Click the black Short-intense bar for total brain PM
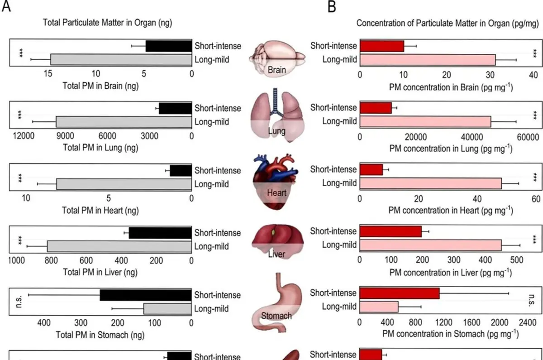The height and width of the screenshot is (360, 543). click(x=169, y=46)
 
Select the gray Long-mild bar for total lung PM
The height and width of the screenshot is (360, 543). click(x=124, y=122)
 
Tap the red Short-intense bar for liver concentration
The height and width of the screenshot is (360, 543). click(x=391, y=231)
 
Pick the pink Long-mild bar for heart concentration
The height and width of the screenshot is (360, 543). click(x=430, y=183)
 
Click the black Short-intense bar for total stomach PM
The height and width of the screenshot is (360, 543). click(x=146, y=295)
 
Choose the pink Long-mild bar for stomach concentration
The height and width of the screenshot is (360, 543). click(x=379, y=307)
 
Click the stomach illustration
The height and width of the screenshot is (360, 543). click(x=277, y=303)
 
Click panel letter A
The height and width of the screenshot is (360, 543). click(x=6, y=6)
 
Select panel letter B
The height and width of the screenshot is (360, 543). click(x=332, y=6)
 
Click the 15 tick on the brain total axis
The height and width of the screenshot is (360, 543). click(x=48, y=73)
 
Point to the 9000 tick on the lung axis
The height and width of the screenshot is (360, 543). click(x=65, y=136)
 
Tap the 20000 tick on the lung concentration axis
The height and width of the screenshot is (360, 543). click(x=416, y=137)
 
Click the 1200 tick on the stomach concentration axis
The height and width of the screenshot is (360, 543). click(x=443, y=322)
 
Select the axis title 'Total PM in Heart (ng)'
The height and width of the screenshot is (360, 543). click(x=100, y=210)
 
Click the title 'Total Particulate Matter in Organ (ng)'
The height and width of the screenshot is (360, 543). click(x=108, y=23)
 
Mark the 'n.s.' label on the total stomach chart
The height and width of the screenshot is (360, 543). click(x=19, y=302)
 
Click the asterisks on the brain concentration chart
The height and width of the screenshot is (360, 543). click(x=535, y=53)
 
